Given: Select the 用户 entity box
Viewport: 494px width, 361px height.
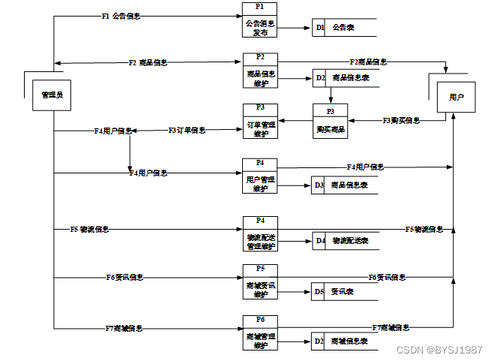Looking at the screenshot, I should [x=456, y=98].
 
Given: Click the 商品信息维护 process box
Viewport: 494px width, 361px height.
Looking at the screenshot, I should [x=260, y=74].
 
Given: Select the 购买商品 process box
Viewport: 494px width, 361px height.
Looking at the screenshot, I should [x=331, y=125].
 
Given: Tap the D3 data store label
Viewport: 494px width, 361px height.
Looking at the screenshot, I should [x=319, y=185].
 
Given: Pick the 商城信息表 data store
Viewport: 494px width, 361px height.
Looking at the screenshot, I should [x=349, y=341].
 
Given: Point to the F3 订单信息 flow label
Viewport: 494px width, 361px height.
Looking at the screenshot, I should [x=187, y=130].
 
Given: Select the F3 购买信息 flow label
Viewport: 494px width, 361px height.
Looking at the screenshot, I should [x=401, y=120].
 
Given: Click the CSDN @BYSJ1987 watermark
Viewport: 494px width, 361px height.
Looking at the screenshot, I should [x=439, y=350].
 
